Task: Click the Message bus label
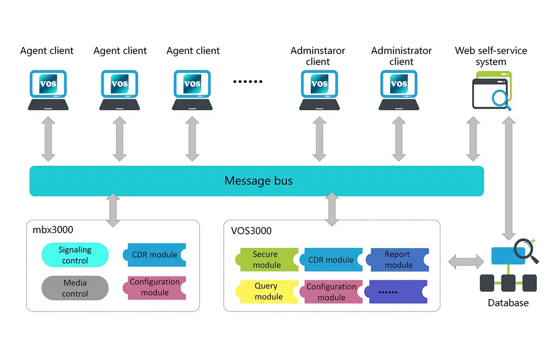pos(259,181)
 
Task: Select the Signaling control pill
pos(75,255)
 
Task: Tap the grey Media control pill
pos(75,288)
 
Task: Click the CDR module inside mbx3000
pos(155,255)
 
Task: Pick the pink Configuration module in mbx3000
pos(155,288)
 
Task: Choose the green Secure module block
pos(266,259)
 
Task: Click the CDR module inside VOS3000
pos(332,259)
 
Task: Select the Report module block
pos(398,259)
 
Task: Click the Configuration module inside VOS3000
pos(332,292)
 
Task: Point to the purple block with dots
pos(398,292)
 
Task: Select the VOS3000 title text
pos(251,230)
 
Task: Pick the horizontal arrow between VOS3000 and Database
pos(465,261)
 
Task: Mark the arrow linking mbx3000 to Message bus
pos(113,210)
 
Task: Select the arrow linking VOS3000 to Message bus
pos(332,209)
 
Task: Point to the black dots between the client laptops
pos(247,82)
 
